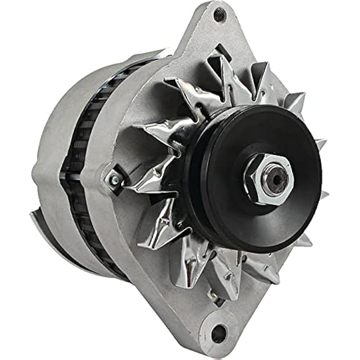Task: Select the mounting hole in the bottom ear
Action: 218,333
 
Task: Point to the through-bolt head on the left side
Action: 113,180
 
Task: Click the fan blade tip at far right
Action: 321,144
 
